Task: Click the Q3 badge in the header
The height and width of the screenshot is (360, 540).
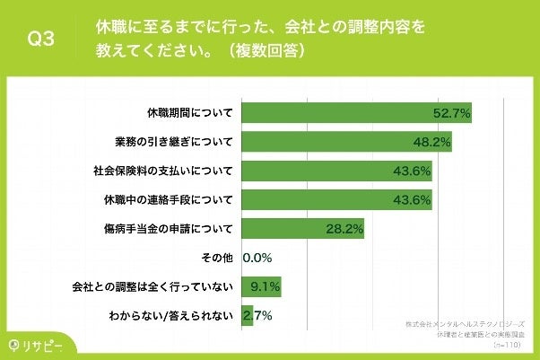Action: click(x=41, y=39)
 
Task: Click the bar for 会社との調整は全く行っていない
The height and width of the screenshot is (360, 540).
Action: click(x=261, y=286)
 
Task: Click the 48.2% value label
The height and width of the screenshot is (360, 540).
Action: click(x=431, y=142)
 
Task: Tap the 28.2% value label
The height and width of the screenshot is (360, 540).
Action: click(x=344, y=229)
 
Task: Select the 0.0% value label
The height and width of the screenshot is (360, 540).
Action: click(x=257, y=258)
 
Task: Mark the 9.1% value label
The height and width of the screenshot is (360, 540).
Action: click(x=266, y=287)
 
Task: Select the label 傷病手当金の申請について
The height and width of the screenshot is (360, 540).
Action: click(x=169, y=229)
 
